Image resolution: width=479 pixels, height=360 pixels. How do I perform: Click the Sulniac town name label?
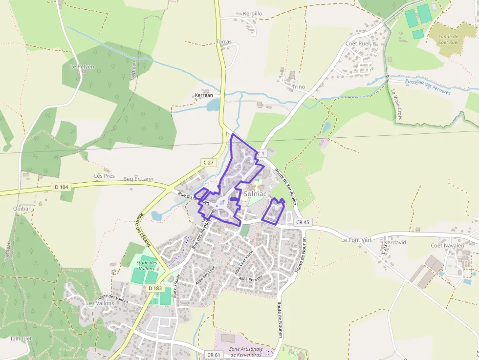255,194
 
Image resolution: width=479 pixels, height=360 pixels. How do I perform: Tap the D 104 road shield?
62,187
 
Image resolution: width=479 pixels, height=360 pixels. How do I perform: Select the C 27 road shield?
208,162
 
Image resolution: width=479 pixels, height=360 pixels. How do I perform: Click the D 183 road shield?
154,288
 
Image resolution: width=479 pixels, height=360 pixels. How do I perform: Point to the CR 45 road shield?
303,222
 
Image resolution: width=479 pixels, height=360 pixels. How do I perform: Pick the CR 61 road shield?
214,355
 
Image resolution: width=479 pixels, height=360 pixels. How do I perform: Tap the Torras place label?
224,42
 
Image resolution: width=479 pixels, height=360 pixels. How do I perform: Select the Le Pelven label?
82,66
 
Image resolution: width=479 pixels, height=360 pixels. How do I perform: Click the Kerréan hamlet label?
204,95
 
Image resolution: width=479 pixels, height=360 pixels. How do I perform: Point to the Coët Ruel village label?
358,43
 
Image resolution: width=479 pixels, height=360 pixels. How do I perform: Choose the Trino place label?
298,87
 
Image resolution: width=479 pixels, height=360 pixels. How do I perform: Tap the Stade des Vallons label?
146,266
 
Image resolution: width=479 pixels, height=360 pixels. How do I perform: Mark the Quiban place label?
22,209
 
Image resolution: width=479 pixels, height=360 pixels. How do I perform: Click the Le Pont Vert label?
357,240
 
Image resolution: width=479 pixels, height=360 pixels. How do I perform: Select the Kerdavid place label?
395,242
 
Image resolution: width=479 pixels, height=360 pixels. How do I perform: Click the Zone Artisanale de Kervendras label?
246,352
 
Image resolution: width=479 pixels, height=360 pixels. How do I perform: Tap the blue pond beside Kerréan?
213,105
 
